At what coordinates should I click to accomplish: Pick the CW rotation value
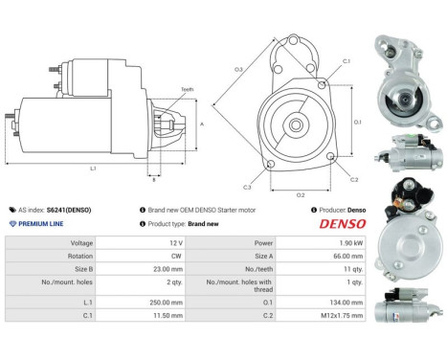177,256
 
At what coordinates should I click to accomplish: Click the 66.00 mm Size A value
346,256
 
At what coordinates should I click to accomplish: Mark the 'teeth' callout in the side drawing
187,89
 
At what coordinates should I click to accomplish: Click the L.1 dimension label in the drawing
92,169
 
